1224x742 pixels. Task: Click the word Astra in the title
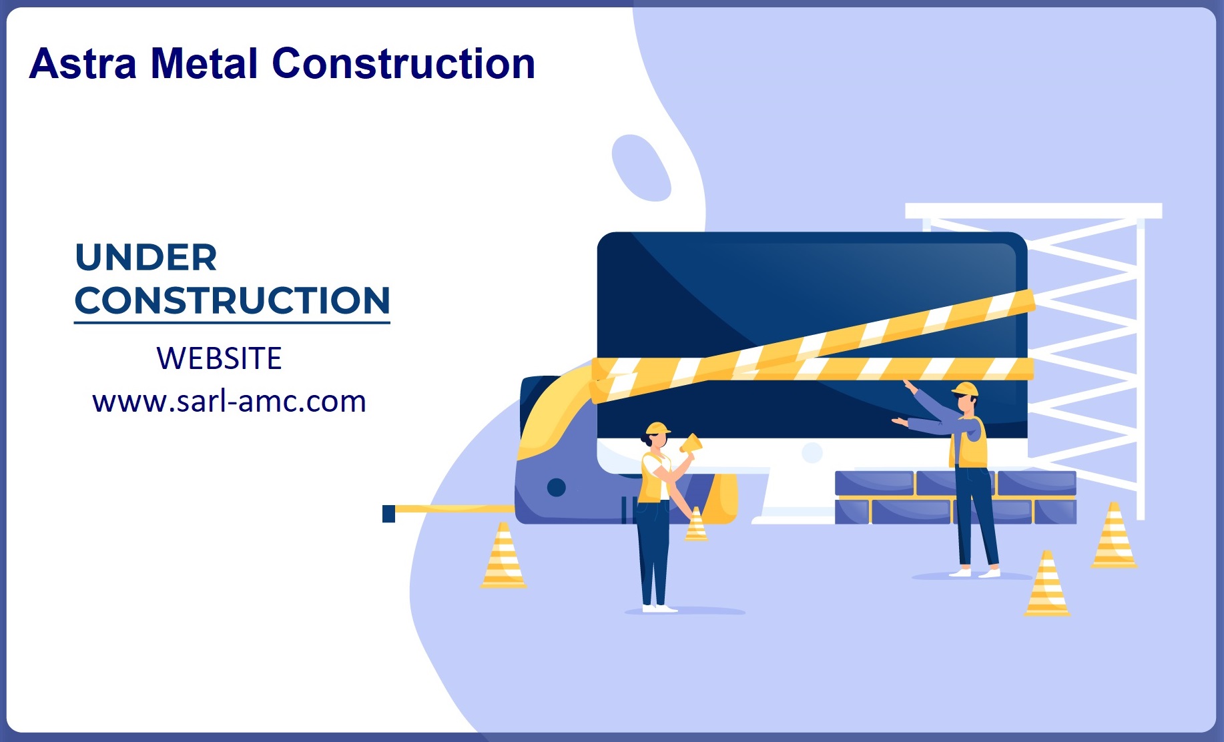coord(83,64)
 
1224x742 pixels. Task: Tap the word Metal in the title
coord(204,64)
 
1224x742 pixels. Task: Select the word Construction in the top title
coord(404,64)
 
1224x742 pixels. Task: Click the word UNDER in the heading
coord(146,258)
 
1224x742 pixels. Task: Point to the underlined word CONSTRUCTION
coord(232,300)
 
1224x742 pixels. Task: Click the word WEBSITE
coord(219,358)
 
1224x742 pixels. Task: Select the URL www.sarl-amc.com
coord(230,402)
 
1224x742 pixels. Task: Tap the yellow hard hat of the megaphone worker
coord(658,428)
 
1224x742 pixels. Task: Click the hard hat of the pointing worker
coord(965,389)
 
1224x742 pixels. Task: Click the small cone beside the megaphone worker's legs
coord(696,524)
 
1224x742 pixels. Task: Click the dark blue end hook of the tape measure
coord(388,514)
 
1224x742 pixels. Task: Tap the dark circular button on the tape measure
coord(556,488)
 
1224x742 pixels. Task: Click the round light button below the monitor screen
coord(812,453)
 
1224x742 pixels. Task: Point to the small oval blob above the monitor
coord(641,167)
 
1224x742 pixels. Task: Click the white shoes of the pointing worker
coord(974,573)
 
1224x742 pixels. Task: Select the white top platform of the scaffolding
coord(1033,211)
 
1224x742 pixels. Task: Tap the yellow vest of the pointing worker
coord(970,442)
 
